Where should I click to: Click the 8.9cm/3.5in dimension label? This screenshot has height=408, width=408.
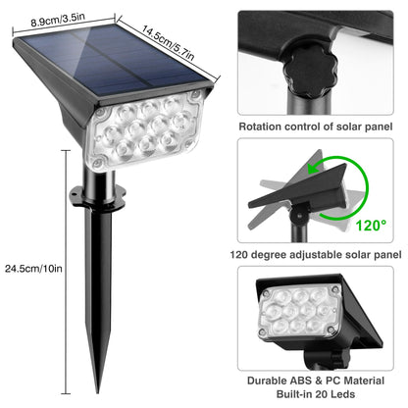pyautogui.click(x=58, y=21)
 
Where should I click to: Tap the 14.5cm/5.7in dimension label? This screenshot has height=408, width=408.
pyautogui.click(x=168, y=43)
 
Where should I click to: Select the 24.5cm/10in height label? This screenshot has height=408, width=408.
pyautogui.click(x=33, y=269)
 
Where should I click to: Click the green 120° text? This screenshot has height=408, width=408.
pyautogui.click(x=371, y=226)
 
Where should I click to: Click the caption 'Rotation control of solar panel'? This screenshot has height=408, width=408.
pyautogui.click(x=316, y=127)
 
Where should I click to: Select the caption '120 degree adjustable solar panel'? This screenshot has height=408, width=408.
pyautogui.click(x=316, y=255)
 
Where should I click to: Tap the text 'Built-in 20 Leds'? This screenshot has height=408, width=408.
pyautogui.click(x=316, y=394)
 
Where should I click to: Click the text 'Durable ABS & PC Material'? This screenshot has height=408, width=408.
pyautogui.click(x=316, y=381)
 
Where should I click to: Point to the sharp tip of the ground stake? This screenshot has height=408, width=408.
pyautogui.click(x=97, y=392)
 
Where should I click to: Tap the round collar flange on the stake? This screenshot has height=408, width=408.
pyautogui.click(x=98, y=197)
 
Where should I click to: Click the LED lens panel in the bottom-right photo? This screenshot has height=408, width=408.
pyautogui.click(x=300, y=312)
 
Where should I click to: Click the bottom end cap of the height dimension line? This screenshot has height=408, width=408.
pyautogui.click(x=66, y=393)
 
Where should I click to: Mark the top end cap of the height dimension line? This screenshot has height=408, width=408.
pyautogui.click(x=66, y=150)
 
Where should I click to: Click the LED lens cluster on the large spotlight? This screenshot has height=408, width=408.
pyautogui.click(x=145, y=130)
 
